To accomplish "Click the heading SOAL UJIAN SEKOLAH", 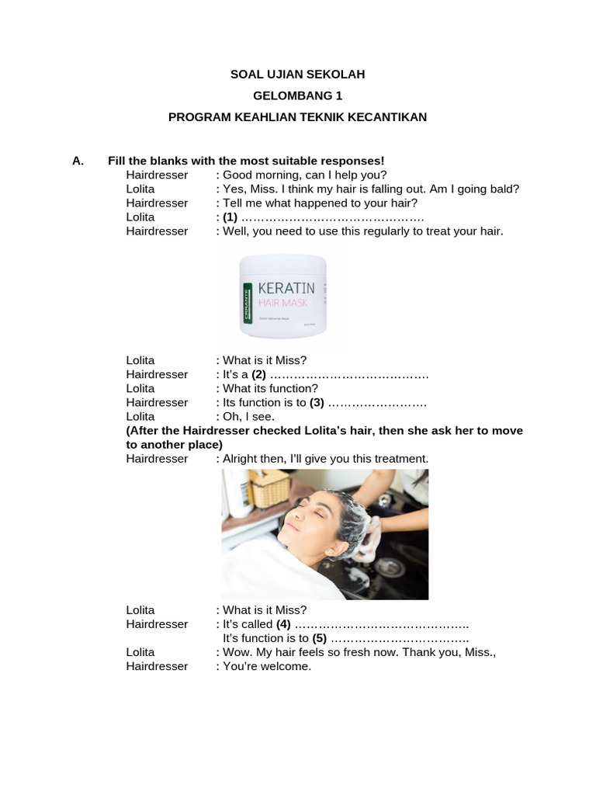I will tap(297, 75).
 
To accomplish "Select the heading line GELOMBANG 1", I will tap(297, 95).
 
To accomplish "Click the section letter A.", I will tap(77, 161).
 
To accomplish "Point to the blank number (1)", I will tap(230, 217).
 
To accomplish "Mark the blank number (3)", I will tap(317, 402).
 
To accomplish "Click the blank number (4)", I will tap(283, 624).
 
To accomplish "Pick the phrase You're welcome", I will tap(267, 666).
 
